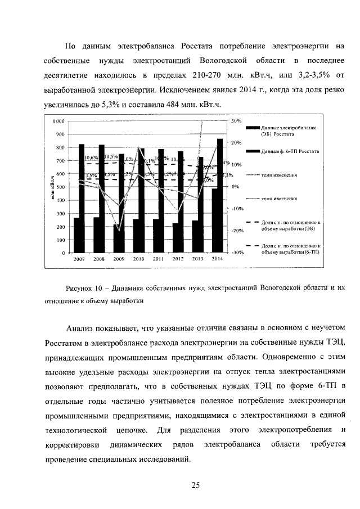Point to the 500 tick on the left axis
[x=60, y=187]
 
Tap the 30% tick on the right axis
[x=236, y=121]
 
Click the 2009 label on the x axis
[x=119, y=260]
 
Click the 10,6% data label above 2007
[x=91, y=158]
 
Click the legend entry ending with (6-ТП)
[x=291, y=249]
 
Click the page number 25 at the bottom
[x=195, y=485]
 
